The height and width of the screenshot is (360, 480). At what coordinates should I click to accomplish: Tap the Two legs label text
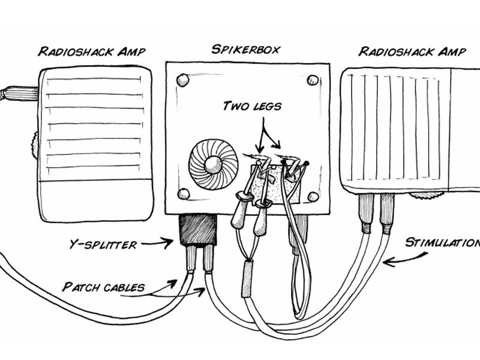[252, 107]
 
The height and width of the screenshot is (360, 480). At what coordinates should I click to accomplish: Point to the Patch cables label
[103, 287]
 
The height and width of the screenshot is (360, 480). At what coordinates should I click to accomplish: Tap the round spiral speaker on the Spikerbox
[213, 163]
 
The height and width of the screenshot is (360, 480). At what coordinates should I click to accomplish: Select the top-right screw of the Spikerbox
[313, 80]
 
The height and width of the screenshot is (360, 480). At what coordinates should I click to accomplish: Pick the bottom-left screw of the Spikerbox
[184, 193]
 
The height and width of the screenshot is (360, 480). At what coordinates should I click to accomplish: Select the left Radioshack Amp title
[94, 52]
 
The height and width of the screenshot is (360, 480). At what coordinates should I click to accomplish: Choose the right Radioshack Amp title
[412, 52]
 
